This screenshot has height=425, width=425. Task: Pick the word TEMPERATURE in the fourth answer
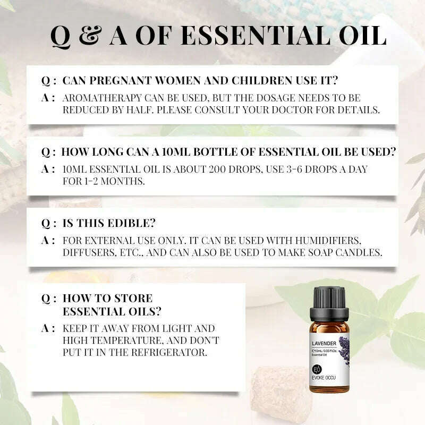[126, 340]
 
